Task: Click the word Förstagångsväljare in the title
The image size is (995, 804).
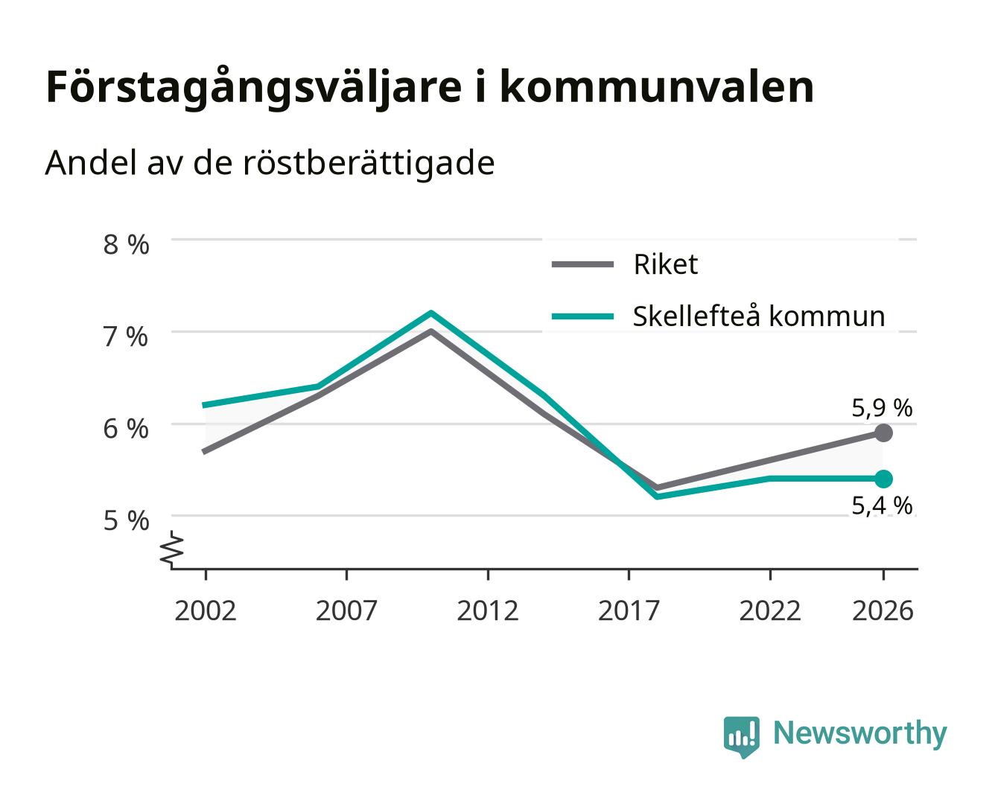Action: [254, 89]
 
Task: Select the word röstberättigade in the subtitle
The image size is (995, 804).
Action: [369, 164]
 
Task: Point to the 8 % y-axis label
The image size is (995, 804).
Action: [126, 245]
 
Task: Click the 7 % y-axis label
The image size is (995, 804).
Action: [125, 336]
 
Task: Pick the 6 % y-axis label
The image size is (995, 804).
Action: [126, 429]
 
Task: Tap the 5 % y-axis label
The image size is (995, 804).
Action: [126, 520]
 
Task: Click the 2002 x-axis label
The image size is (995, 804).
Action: [205, 610]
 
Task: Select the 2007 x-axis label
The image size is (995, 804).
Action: [346, 610]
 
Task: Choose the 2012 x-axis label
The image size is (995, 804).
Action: [488, 610]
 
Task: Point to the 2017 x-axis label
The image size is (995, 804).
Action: [629, 610]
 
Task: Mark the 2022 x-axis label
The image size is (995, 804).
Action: [770, 610]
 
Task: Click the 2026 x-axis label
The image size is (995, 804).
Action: [883, 610]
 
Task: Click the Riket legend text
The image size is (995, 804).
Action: [665, 264]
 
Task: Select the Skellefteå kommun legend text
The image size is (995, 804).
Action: [759, 316]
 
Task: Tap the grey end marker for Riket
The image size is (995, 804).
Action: [883, 433]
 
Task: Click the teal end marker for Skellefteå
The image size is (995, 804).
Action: [883, 479]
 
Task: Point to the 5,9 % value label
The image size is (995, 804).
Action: [882, 408]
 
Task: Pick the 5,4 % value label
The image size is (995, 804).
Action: [882, 505]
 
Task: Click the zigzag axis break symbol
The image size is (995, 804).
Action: [172, 549]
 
